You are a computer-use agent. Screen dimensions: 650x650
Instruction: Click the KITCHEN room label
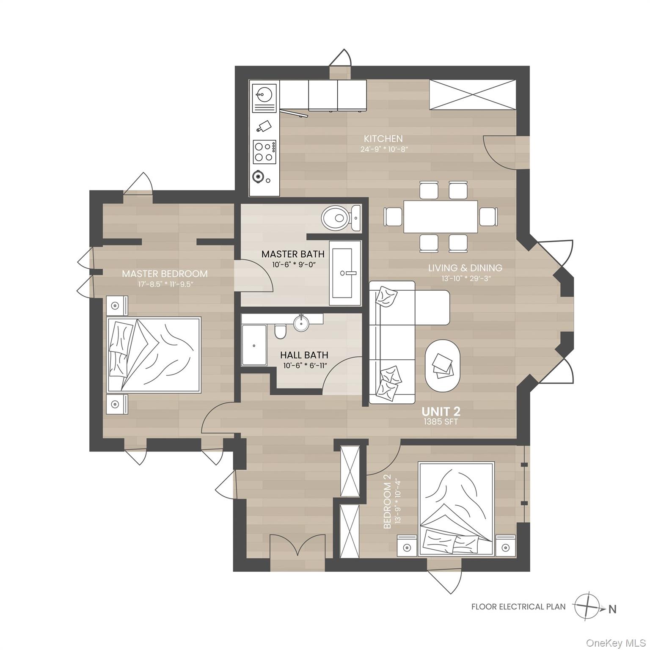pyautogui.click(x=383, y=139)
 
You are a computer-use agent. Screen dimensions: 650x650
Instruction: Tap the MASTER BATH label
pyautogui.click(x=293, y=254)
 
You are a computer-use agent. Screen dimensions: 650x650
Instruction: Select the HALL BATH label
pyautogui.click(x=304, y=355)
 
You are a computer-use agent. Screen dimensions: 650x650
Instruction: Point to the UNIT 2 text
pyautogui.click(x=441, y=411)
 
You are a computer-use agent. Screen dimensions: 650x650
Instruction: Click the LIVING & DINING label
pyautogui.click(x=465, y=268)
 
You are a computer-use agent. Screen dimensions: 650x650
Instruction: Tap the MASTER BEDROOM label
pyautogui.click(x=165, y=274)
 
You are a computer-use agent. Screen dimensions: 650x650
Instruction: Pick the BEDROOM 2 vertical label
pyautogui.click(x=386, y=503)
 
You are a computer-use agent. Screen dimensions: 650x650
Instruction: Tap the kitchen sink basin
pyautogui.click(x=264, y=94)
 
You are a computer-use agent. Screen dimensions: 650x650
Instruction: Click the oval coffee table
pyautogui.click(x=442, y=366)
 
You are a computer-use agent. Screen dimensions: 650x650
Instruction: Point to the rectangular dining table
pyautogui.click(x=440, y=217)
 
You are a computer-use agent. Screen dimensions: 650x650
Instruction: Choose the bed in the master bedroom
pyautogui.click(x=154, y=355)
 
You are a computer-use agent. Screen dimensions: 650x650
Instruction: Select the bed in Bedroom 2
pyautogui.click(x=456, y=508)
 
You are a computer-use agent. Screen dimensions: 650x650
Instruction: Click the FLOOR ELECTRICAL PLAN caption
pyautogui.click(x=518, y=607)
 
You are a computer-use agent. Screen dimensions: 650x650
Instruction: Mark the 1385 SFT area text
pyautogui.click(x=441, y=422)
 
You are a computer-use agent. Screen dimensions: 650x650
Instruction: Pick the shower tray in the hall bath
pyautogui.click(x=254, y=345)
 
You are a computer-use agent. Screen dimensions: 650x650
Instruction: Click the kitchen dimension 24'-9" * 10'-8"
pyautogui.click(x=383, y=149)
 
